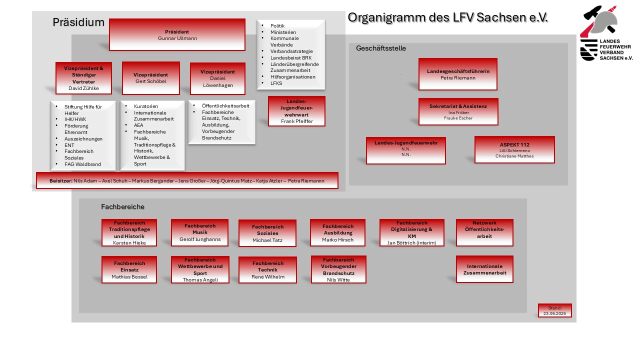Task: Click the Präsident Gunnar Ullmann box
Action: tap(177, 35)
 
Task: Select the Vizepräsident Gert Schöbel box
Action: tap(151, 78)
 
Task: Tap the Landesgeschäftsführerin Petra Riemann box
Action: tap(458, 74)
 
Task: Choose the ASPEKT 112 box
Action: tap(514, 149)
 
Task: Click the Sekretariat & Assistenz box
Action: tap(458, 111)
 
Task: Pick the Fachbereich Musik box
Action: tap(199, 232)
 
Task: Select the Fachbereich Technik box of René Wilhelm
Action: tap(267, 269)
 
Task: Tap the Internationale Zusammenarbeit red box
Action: tap(484, 269)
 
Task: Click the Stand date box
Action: tap(555, 310)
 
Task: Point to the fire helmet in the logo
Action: tap(603, 20)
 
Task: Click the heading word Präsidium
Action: tap(78, 22)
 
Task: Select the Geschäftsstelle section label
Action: tap(381, 48)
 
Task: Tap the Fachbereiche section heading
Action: tap(122, 207)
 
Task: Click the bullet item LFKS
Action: tap(276, 83)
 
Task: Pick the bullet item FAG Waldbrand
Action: tap(82, 164)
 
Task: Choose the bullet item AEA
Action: tap(138, 125)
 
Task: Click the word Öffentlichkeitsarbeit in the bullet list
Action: tap(225, 106)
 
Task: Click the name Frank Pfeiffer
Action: tap(297, 121)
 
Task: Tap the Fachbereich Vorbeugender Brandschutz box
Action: tap(338, 269)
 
